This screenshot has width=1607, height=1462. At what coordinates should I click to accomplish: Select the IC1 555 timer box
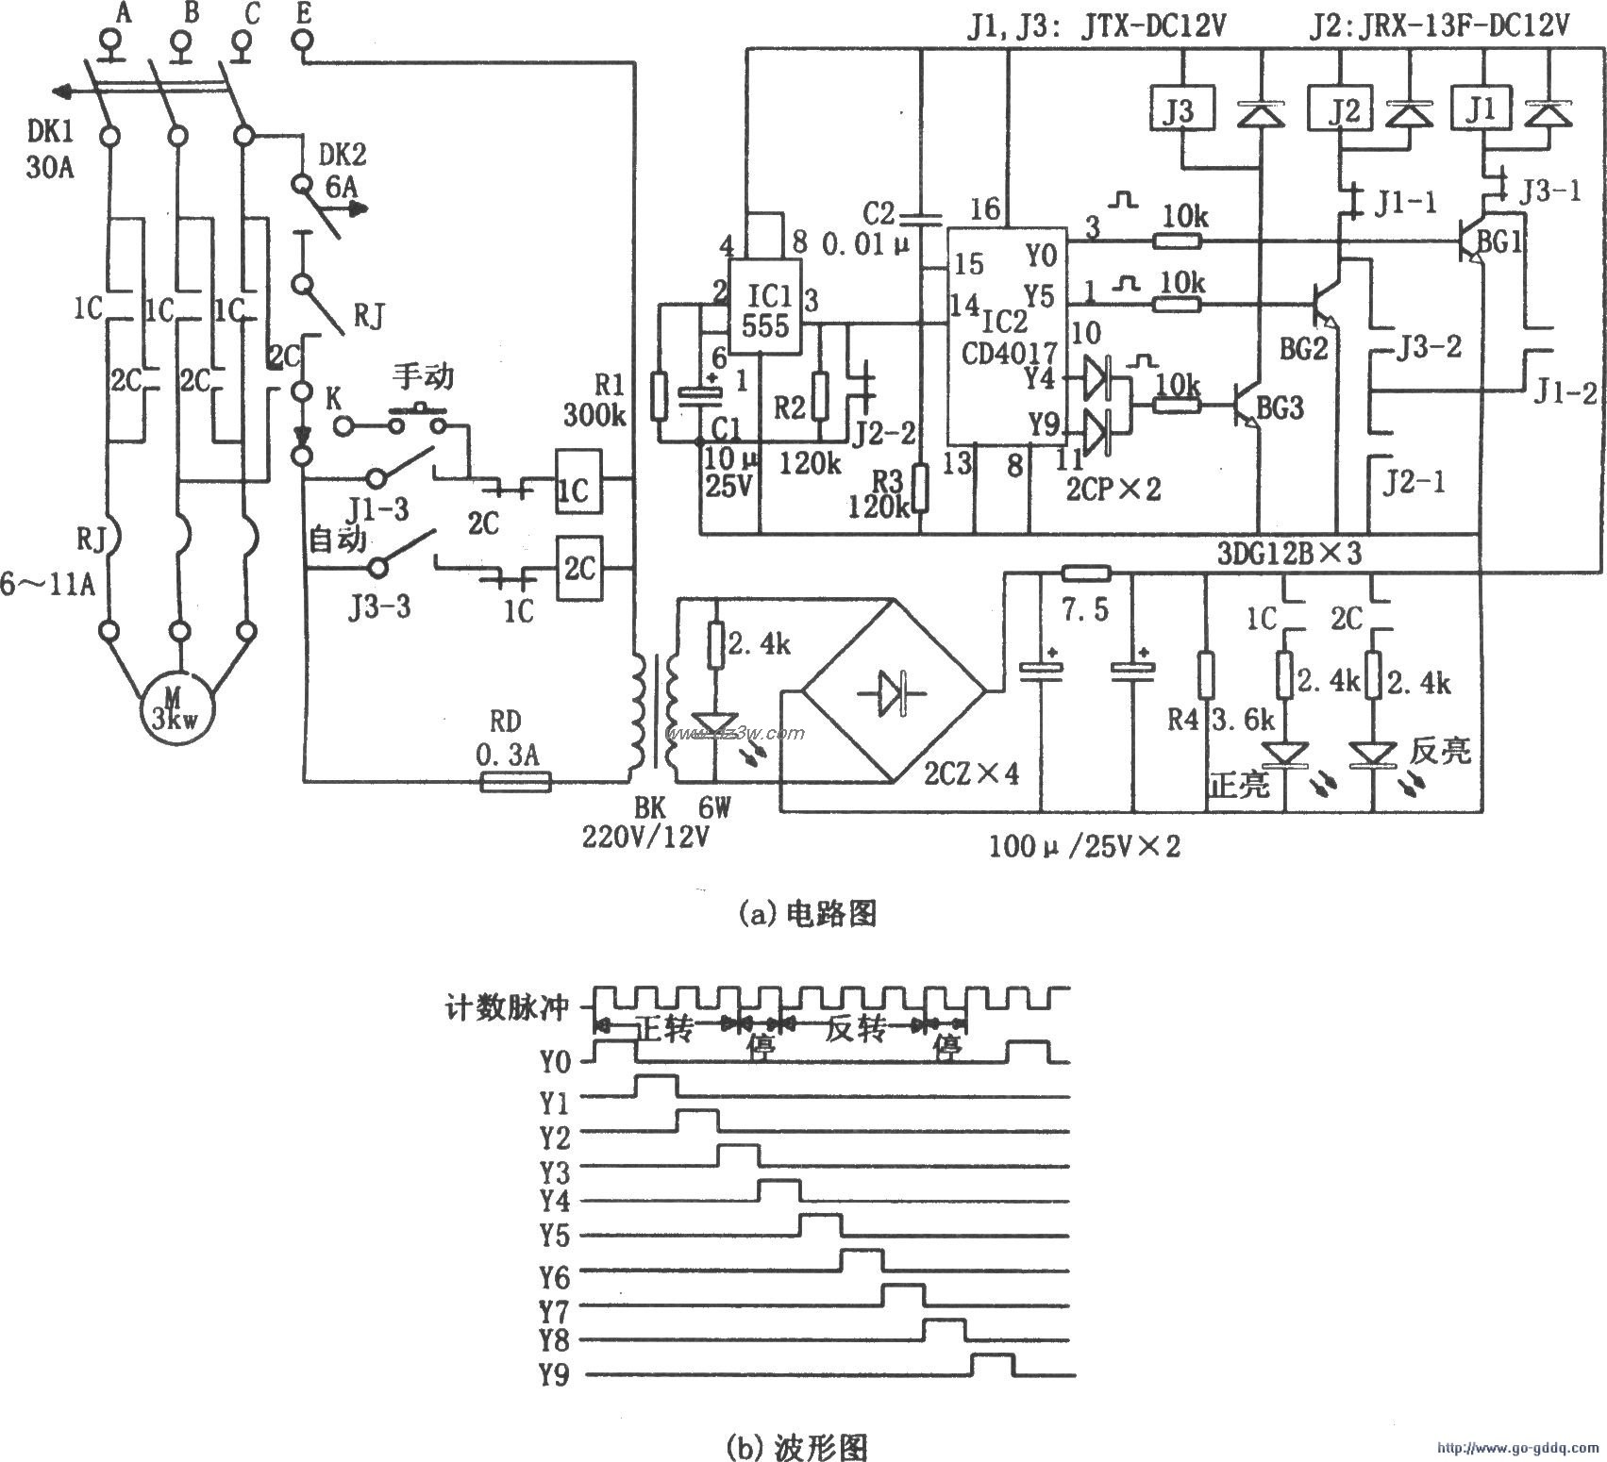click(x=765, y=307)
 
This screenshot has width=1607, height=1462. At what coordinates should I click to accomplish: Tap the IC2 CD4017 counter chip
click(x=1008, y=335)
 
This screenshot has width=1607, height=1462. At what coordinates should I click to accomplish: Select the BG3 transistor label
click(x=1281, y=407)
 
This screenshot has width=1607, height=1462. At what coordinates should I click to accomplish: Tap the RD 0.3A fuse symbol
click(x=515, y=781)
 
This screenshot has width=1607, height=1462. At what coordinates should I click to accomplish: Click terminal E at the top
click(x=304, y=42)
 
